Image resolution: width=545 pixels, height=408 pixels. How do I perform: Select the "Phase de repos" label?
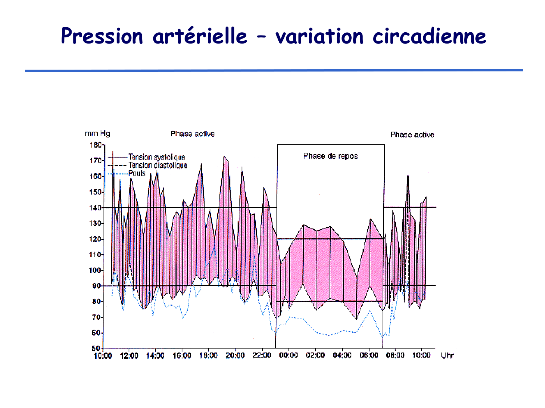330,156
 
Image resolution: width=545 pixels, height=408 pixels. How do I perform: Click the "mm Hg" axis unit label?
97,133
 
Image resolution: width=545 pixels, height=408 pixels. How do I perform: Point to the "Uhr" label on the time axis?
447,355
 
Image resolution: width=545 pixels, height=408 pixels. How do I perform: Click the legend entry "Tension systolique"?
157,157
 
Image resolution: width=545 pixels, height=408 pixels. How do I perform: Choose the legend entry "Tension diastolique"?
158,165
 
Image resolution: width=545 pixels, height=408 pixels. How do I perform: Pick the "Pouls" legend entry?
137,173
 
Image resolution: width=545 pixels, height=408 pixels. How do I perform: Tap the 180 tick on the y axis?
96,145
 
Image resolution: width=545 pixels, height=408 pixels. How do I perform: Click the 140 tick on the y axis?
96,208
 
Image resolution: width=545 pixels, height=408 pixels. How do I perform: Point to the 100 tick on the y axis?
96,270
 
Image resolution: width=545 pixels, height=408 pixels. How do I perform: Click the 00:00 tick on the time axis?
288,355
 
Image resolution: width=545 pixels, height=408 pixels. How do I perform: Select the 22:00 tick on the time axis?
262,355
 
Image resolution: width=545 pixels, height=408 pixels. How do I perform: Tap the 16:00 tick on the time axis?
182,355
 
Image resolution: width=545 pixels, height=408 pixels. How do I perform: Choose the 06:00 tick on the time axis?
368,355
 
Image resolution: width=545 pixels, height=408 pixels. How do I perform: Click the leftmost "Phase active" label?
193,134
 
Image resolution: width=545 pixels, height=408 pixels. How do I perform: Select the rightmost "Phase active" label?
412,135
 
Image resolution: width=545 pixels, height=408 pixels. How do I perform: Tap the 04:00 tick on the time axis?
342,355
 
